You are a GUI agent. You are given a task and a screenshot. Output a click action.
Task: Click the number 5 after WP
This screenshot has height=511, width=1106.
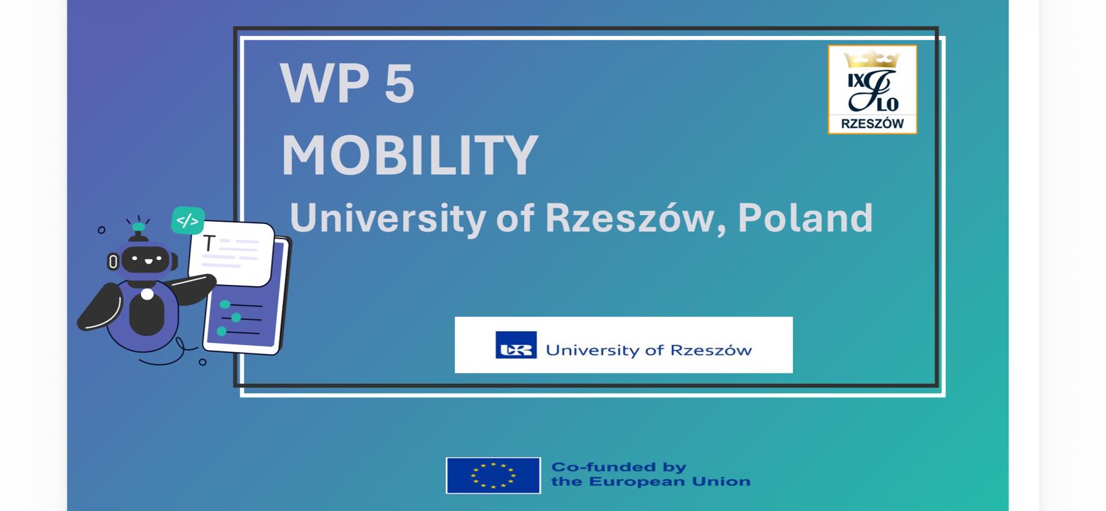coord(399,83)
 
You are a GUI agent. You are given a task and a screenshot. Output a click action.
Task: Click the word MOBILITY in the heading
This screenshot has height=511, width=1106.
coord(410,155)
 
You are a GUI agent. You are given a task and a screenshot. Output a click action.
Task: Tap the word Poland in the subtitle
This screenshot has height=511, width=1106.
coord(805,218)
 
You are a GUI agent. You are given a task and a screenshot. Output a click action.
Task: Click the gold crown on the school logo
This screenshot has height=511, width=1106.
coord(872,59)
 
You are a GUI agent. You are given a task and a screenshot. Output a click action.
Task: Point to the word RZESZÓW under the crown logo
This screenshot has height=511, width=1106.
coord(872,124)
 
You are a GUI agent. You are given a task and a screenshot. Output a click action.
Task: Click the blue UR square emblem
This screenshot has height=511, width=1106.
coord(516,344)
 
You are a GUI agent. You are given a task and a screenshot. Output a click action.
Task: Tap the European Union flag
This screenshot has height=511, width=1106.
coord(494,476)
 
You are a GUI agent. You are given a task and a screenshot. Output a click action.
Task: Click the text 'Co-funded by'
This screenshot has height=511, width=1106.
coord(619,467)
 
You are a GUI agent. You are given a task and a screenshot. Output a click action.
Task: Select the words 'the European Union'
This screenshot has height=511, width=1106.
coord(650,482)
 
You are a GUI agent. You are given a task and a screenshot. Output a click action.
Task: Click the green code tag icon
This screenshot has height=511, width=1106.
coord(188,220)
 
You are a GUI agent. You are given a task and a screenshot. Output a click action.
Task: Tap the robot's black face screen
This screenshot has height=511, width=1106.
coord(146,259)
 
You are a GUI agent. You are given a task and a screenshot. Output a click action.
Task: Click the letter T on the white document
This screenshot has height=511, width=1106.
coord(209,243)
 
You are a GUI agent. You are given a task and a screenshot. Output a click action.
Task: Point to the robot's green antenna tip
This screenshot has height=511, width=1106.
coord(139,227)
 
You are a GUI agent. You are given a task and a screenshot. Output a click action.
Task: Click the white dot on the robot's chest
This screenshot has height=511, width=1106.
coord(147,295)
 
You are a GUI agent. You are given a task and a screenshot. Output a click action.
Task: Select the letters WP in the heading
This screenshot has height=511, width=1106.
coord(325,83)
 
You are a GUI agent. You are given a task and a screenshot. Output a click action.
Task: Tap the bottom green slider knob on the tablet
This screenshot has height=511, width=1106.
coord(222,331)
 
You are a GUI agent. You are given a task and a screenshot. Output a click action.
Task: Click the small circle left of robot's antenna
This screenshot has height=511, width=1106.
coord(101,230)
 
